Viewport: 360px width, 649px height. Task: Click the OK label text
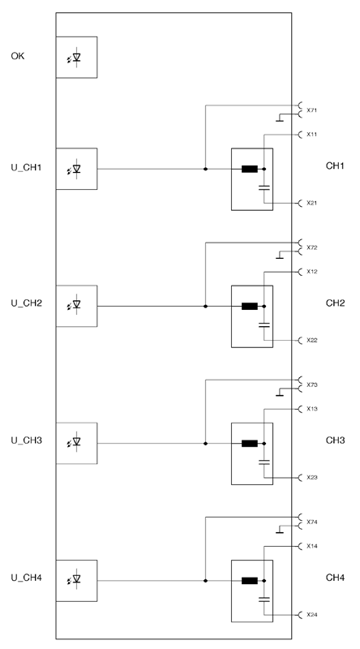pos(17,56)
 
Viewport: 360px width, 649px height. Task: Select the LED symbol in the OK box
pos(75,58)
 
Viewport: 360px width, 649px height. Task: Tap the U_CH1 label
pos(26,168)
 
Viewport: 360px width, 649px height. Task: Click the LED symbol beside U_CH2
pos(75,305)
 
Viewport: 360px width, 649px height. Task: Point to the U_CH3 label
pos(26,440)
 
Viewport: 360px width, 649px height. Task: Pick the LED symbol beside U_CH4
pos(75,579)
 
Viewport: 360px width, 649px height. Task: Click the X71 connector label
pos(312,110)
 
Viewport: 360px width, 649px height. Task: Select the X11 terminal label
pos(312,135)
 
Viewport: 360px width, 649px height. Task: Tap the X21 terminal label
pos(312,204)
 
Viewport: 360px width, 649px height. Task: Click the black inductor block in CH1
pos(250,169)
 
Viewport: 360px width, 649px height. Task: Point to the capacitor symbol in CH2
pos(264,325)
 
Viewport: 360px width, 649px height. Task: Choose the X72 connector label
pos(312,247)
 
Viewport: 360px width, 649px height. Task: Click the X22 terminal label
pos(312,340)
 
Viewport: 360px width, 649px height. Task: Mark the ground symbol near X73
pos(280,393)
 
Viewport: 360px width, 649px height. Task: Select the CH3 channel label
pos(335,440)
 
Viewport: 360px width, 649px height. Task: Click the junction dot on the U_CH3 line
pos(205,443)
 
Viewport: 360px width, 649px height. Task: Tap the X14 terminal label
pos(312,546)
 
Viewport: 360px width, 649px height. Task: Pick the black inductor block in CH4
pos(250,581)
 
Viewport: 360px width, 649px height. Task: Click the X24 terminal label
pos(312,615)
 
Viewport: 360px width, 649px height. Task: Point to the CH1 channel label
pos(335,166)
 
